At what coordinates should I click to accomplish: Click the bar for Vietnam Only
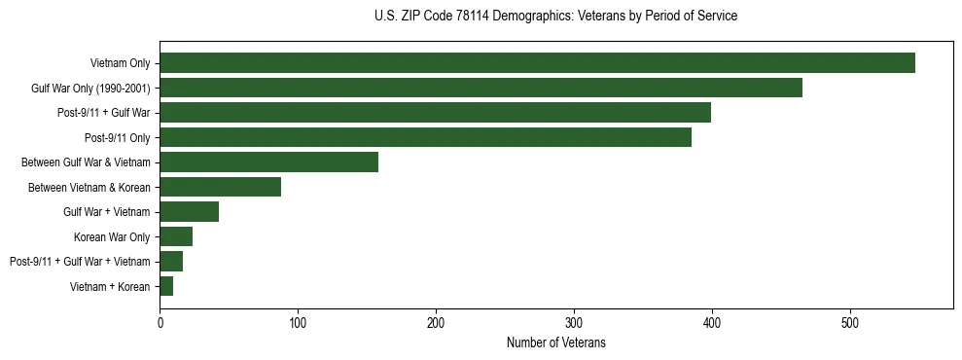point(537,63)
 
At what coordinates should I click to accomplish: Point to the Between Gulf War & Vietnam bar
point(268,162)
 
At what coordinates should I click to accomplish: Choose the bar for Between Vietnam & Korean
point(220,187)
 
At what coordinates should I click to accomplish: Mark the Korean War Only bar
point(176,236)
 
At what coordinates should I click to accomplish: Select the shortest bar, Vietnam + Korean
point(166,286)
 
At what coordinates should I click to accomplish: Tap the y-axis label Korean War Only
point(112,236)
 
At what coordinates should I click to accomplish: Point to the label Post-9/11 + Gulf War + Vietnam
point(80,262)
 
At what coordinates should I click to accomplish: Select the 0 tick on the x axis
point(160,322)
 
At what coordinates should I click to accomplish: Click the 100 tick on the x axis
point(298,322)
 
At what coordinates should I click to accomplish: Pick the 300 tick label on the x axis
point(574,322)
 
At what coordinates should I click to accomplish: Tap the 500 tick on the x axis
point(850,322)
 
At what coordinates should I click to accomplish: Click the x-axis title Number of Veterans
point(555,342)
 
